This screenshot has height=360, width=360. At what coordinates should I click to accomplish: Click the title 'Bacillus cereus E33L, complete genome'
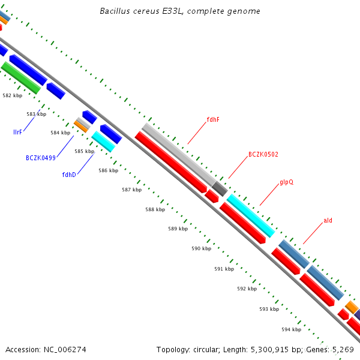[x=180, y=11]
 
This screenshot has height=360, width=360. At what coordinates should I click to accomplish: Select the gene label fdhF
[x=213, y=119]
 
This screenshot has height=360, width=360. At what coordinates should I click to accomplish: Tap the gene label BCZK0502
[x=263, y=154]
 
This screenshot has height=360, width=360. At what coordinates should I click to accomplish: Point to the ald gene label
[x=328, y=220]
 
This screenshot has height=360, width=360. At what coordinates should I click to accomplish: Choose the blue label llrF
[x=17, y=131]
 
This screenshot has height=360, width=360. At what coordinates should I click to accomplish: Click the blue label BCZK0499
[x=41, y=158]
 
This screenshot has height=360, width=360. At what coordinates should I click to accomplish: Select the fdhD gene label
[x=69, y=175]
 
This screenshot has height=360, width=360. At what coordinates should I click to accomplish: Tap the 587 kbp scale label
[x=131, y=190]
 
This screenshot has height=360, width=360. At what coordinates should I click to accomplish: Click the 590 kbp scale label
[x=201, y=248]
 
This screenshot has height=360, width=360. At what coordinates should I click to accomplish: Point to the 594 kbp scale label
[x=291, y=329]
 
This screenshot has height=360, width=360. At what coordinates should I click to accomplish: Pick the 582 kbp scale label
[x=12, y=95]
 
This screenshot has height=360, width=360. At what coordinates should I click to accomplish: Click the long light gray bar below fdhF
[x=178, y=154]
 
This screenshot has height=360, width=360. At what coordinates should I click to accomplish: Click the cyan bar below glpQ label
[x=251, y=215]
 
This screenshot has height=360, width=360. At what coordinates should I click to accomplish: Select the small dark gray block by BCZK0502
[x=220, y=189]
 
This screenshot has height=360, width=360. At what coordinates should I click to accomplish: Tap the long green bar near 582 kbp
[x=21, y=77]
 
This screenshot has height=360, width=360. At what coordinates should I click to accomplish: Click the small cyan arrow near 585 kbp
[x=103, y=142]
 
